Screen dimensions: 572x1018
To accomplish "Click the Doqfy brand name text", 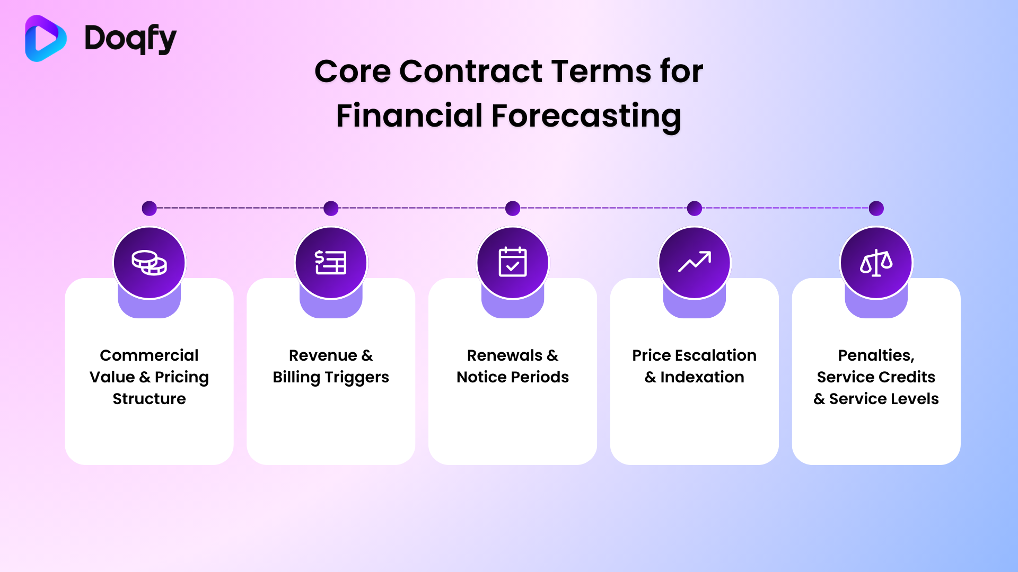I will point(130,39).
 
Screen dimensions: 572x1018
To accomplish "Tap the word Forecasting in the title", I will point(586,116).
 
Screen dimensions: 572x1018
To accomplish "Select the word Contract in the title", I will point(471,71).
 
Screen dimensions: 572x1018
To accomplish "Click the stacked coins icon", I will point(149,263).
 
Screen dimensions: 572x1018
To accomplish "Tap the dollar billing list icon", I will point(331,263).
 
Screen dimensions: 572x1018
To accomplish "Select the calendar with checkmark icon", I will point(513,262).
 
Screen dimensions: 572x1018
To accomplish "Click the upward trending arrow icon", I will point(695,262).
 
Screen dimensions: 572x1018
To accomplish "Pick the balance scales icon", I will point(876,263).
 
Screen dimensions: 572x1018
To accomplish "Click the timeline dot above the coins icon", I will point(149,208).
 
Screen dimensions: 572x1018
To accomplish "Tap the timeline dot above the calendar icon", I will point(513,208).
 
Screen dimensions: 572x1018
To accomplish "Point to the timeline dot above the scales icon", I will point(876,208).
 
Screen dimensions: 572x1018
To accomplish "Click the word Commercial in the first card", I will point(149,355).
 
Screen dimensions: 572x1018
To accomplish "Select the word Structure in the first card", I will point(149,398).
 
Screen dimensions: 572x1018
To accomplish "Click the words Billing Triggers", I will point(331,377).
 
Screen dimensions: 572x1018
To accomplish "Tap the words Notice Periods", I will point(513,377).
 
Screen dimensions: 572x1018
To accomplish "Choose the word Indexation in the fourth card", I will point(702,377).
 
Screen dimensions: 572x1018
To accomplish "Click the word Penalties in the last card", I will point(875,355).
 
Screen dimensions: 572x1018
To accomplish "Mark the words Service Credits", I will point(876,377).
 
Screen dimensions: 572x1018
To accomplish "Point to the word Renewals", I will point(504,355).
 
